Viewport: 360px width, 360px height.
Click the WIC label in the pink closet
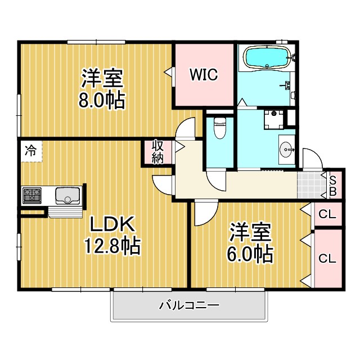(204, 74)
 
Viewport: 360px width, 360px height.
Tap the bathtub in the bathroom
(268, 57)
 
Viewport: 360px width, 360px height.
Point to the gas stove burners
(32, 195)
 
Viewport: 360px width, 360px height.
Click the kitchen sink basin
(67, 196)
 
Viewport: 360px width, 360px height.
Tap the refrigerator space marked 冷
(31, 151)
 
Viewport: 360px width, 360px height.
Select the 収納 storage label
(158, 152)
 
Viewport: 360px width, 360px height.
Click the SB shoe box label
(333, 186)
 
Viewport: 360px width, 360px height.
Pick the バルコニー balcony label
(190, 305)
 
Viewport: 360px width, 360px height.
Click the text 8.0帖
(102, 101)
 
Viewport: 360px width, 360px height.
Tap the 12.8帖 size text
(112, 245)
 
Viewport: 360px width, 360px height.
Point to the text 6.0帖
(250, 254)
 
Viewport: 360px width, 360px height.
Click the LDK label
(112, 224)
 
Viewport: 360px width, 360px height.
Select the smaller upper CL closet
(327, 214)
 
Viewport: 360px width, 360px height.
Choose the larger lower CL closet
(327, 259)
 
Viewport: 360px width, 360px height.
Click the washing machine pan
(274, 119)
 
